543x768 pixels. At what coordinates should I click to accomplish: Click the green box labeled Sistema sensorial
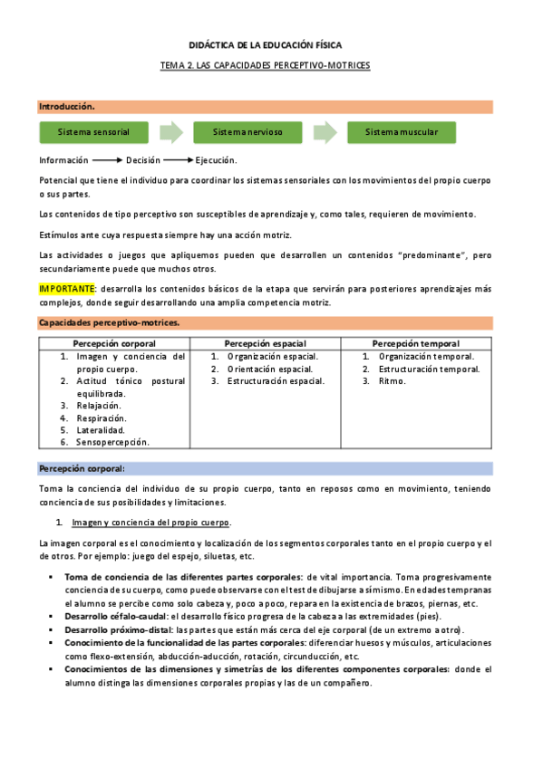[x=93, y=132]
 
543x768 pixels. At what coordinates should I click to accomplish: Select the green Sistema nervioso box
[x=247, y=132]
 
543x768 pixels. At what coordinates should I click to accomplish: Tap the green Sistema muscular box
[x=402, y=132]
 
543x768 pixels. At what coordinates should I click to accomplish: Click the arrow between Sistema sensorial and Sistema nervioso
[x=170, y=133]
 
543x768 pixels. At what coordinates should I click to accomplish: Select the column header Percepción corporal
[x=113, y=343]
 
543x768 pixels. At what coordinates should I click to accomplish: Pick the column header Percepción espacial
[x=265, y=343]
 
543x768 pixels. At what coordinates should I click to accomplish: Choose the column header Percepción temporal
[x=416, y=343]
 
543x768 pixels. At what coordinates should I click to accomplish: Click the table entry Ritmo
[x=393, y=381]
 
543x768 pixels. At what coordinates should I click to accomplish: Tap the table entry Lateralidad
[x=102, y=430]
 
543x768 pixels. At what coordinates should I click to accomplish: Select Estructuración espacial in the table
[x=276, y=381]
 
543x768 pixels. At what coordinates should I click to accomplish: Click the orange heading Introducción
[x=66, y=107]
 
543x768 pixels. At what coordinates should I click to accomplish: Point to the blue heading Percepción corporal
[x=82, y=468]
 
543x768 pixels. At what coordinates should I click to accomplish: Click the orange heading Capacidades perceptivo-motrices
[x=109, y=322]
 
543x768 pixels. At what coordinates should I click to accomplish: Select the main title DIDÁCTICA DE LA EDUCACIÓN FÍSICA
[x=265, y=44]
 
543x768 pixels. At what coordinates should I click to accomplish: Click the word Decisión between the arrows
[x=143, y=160]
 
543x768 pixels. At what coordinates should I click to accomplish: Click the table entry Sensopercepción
[x=113, y=443]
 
